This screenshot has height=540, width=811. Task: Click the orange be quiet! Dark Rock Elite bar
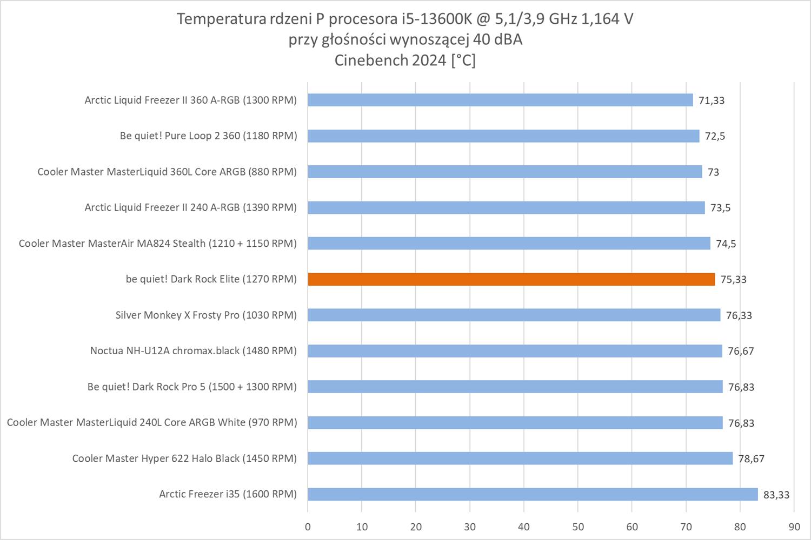click(511, 279)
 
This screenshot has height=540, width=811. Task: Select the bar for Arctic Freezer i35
click(533, 494)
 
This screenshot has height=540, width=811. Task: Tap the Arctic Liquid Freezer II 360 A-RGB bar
click(500, 100)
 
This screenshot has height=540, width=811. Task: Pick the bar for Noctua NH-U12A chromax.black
click(515, 351)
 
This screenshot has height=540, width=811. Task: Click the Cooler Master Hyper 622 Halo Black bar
click(520, 458)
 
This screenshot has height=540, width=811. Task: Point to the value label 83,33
click(776, 495)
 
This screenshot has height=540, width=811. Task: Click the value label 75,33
click(733, 280)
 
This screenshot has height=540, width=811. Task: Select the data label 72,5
click(715, 136)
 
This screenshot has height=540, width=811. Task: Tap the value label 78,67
click(752, 459)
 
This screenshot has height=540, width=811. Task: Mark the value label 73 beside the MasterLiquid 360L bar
click(713, 172)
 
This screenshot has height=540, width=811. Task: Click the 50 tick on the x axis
click(578, 527)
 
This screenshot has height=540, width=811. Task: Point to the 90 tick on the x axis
click(794, 527)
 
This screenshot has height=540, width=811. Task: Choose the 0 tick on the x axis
click(308, 527)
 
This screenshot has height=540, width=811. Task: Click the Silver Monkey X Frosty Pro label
click(206, 315)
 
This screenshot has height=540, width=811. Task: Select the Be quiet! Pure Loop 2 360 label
click(208, 136)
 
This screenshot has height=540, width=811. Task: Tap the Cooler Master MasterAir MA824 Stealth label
click(157, 244)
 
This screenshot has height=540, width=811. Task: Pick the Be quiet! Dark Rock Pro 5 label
click(192, 387)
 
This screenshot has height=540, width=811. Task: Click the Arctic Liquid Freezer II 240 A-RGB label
click(190, 208)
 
